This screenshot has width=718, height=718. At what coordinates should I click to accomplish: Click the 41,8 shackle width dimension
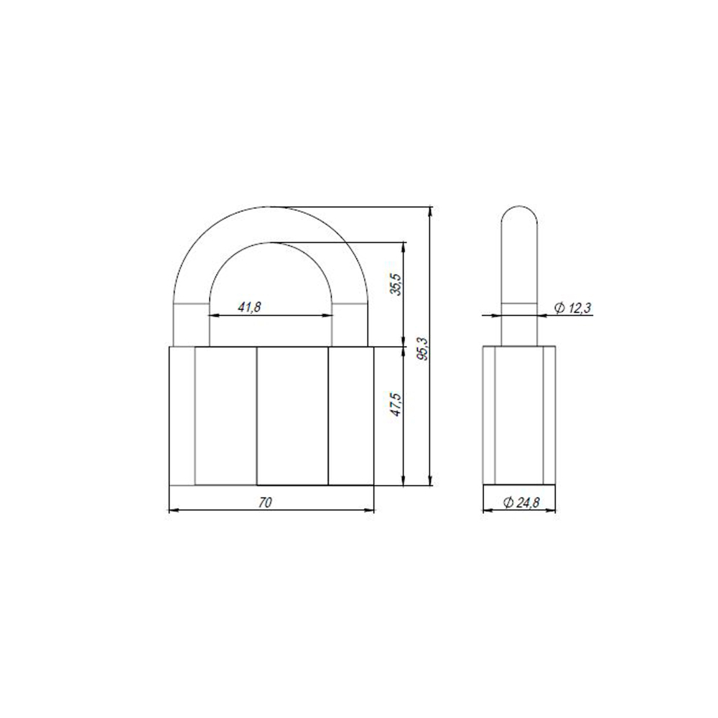click(x=249, y=307)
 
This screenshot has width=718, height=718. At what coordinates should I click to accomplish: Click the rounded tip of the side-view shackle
click(x=518, y=215)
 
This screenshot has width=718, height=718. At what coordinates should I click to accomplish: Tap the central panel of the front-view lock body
click(x=292, y=416)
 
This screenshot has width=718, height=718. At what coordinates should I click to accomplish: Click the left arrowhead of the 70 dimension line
click(x=171, y=510)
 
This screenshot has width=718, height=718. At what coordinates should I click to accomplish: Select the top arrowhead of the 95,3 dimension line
click(x=429, y=211)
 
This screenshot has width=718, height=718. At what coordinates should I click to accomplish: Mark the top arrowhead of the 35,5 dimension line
click(x=404, y=246)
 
